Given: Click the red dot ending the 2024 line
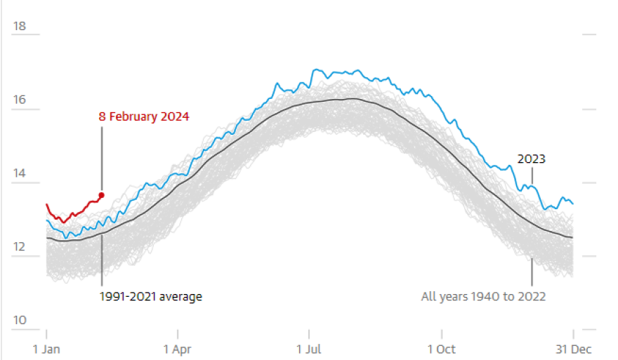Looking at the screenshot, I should (102, 195).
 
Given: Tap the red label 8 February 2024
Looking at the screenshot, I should (143, 116).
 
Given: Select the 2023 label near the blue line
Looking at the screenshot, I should (532, 159).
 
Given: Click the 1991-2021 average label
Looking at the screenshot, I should (150, 296).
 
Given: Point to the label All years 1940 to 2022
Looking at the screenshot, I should (483, 296).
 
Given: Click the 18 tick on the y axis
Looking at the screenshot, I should (20, 27).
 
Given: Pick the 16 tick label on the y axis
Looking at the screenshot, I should (20, 100).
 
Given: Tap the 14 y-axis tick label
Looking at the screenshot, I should (20, 173).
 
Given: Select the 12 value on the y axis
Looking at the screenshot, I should (20, 247).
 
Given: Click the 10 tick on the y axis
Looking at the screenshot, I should (20, 321).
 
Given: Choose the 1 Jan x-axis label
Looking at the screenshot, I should (46, 349).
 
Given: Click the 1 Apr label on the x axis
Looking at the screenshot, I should (178, 349).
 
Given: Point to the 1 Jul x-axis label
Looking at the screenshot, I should (309, 349).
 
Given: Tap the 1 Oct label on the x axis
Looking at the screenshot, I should (441, 349).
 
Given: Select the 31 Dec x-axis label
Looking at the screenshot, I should (572, 349).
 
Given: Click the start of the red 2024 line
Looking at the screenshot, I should (47, 204).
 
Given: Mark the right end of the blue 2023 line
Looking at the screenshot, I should (573, 204).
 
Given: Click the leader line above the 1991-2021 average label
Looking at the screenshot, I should (102, 260).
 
